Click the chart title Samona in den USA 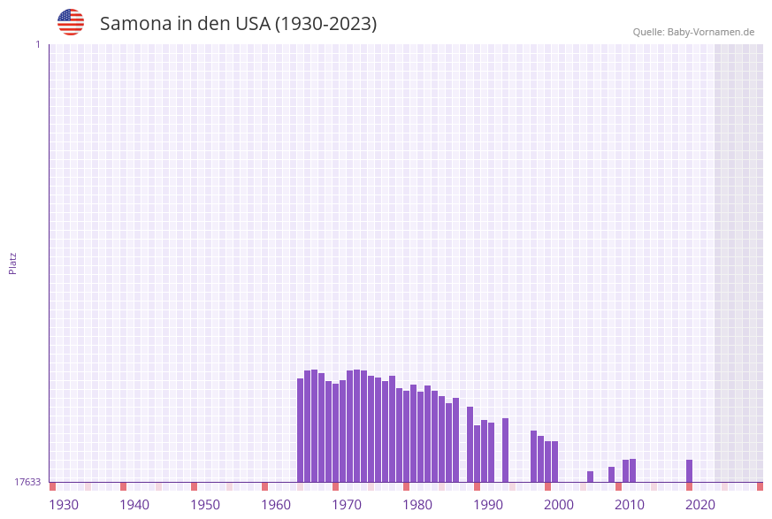238,24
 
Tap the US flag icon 71,22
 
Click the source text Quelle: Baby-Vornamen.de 693,32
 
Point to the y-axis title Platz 13,263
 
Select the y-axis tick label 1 37,44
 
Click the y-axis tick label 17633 27,482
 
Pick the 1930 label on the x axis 64,505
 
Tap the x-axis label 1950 205,505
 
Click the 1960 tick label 276,505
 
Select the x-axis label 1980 417,505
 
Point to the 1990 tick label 488,505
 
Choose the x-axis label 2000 559,505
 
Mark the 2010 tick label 630,505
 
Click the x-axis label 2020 700,505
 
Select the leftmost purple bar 301,431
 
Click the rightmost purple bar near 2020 690,470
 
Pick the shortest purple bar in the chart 591,477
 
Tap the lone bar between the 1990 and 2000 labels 506,450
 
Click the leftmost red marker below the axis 53,486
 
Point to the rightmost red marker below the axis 760,486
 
